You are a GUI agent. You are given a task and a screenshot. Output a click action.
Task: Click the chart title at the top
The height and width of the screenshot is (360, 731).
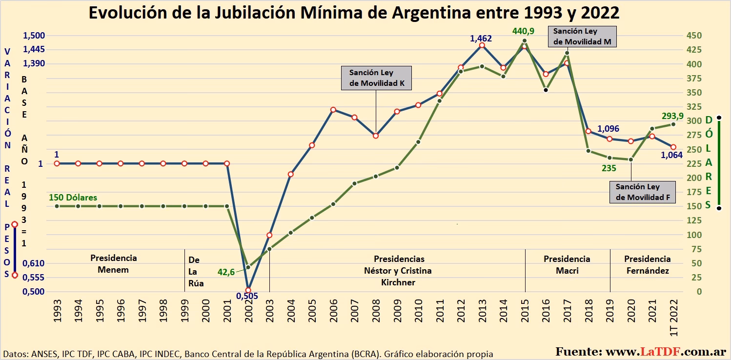point(354,13)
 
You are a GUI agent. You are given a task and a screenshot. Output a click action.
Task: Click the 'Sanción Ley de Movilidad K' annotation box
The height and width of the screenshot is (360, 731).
point(376,78)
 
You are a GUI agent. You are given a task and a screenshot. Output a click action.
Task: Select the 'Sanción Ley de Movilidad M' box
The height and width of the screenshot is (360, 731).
point(582,37)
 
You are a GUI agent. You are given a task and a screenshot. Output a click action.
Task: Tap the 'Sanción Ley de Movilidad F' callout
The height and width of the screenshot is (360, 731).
point(643,192)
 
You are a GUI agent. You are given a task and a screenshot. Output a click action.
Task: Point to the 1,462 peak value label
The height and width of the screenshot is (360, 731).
point(481,39)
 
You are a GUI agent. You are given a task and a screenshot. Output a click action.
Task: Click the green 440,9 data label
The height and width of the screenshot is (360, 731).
point(523,31)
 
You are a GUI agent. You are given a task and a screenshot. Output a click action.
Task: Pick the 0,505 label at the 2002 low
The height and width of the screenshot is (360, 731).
point(247,296)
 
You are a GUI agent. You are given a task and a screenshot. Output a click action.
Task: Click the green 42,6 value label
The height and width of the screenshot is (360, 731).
point(226,272)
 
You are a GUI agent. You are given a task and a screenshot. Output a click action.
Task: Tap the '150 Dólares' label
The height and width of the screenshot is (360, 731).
point(73,198)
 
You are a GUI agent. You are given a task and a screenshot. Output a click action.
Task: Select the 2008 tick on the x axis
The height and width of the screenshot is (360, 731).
point(376,311)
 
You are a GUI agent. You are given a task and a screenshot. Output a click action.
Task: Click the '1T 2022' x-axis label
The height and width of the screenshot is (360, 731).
point(673,318)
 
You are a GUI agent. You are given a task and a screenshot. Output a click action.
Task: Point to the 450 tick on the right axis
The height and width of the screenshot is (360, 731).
point(694,36)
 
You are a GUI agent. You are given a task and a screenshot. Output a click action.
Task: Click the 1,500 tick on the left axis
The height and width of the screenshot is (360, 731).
point(34,36)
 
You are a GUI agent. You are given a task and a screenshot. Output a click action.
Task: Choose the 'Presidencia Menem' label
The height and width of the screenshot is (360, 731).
point(113,264)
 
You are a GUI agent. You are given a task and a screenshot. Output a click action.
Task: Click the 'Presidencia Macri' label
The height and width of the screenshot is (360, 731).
point(567,265)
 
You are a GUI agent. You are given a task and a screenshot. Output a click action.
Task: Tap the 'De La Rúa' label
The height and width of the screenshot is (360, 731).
point(196,272)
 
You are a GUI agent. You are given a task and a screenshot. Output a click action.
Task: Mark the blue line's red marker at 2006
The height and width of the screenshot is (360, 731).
point(333,110)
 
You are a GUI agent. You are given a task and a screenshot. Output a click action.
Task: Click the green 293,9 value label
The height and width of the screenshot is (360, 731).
point(672,116)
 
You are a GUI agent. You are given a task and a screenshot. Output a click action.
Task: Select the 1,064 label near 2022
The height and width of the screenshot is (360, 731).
point(671,155)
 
